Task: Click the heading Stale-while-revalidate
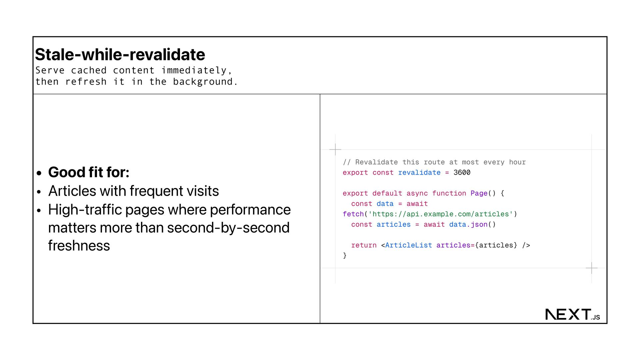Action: point(120,55)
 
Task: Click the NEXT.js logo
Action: point(572,314)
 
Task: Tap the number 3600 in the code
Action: point(462,173)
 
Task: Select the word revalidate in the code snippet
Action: point(419,173)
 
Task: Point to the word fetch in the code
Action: point(353,214)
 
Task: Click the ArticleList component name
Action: point(408,245)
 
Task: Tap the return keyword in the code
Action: point(364,245)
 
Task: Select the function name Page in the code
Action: point(479,193)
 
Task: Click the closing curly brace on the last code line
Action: point(345,256)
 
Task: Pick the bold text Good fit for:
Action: point(89,172)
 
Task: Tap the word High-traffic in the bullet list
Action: point(85,210)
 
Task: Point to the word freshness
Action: point(79,246)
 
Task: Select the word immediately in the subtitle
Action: point(194,70)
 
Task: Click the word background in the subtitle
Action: point(203,82)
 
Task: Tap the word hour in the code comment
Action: point(517,162)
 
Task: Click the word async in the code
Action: point(417,193)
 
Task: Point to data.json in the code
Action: point(468,225)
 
